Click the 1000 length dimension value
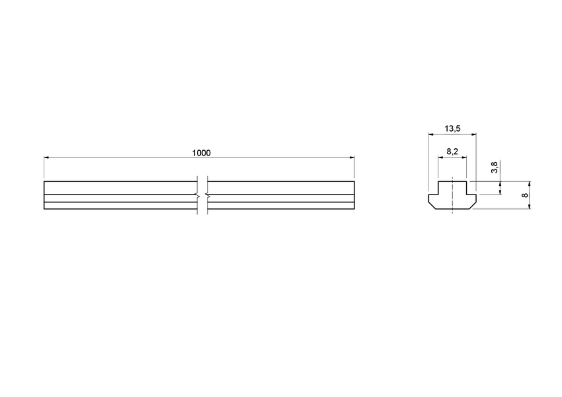point(201,153)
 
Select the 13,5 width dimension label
point(453,128)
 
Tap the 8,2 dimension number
point(453,152)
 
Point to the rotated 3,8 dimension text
point(495,167)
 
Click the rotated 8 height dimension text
point(524,195)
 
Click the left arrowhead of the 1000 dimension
point(46,157)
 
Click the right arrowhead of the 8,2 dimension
point(465,157)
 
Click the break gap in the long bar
point(202,195)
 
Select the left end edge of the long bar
point(44,195)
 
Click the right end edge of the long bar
point(354,195)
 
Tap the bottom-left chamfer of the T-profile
point(431,206)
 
